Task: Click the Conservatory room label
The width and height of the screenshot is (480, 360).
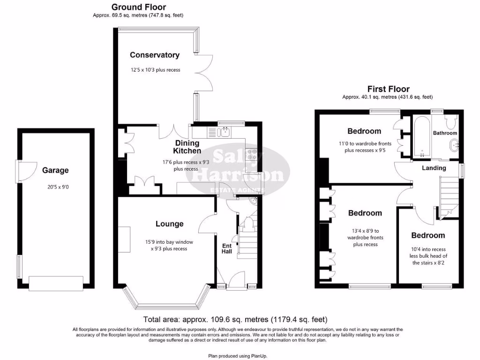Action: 155,55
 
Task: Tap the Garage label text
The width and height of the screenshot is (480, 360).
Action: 55,171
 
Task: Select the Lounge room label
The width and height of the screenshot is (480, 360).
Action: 169,224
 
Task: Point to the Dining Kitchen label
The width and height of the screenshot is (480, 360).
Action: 187,147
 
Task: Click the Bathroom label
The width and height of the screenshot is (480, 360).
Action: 445,133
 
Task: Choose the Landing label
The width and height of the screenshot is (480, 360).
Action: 434,168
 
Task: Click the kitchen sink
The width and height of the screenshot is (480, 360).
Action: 226,133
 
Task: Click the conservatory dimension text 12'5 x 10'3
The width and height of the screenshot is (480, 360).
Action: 156,70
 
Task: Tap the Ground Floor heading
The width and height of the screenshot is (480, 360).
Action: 138,7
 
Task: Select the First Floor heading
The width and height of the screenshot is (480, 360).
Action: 388,89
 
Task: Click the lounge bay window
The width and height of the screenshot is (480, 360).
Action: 167,300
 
